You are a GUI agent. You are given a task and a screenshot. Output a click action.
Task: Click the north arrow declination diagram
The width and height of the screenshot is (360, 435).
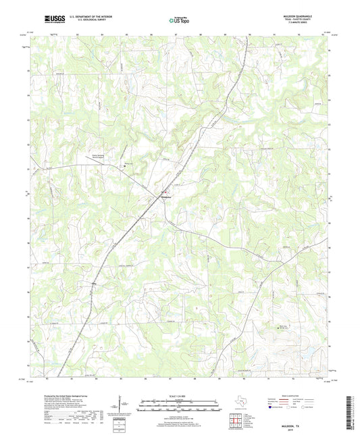[124, 405]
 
